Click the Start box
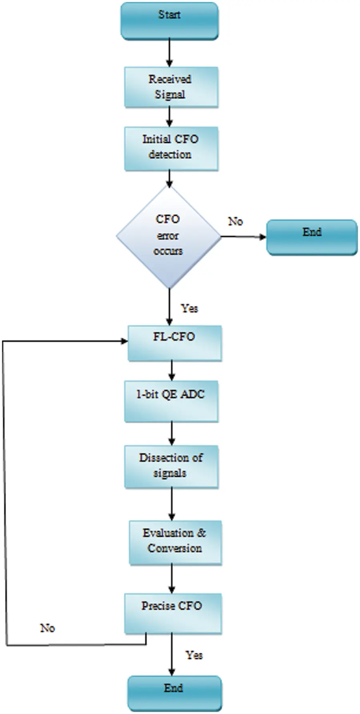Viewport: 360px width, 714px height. click(170, 21)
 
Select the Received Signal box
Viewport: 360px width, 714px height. click(171, 87)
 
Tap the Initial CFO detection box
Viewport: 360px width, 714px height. click(171, 148)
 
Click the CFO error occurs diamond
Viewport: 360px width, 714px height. click(169, 236)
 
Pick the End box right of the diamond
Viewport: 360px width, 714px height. click(312, 237)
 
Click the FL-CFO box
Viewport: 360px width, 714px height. click(174, 343)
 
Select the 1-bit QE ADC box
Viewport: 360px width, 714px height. click(171, 401)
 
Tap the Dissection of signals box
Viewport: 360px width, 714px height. click(171, 466)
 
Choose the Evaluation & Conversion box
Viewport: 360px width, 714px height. click(175, 542)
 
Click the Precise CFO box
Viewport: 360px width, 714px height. click(172, 613)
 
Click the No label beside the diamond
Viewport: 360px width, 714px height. click(235, 221)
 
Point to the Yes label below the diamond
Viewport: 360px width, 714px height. click(189, 308)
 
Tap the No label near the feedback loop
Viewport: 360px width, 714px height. click(47, 628)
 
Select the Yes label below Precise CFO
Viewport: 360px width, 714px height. click(194, 655)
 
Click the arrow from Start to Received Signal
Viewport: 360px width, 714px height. click(169, 53)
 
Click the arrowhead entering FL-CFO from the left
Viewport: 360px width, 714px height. click(124, 341)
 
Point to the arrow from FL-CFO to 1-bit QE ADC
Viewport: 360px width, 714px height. click(172, 371)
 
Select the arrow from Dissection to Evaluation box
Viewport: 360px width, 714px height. click(172, 504)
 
